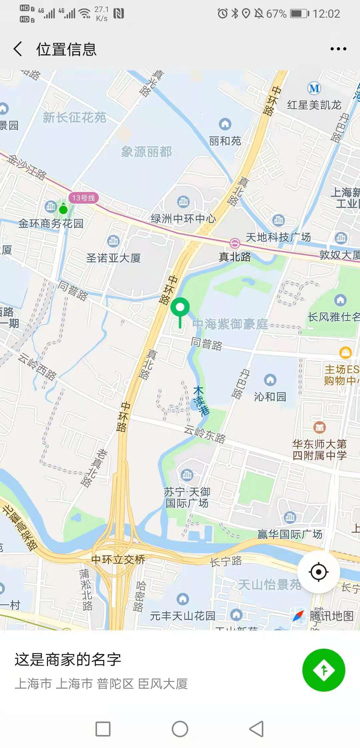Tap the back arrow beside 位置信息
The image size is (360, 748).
pyautogui.click(x=18, y=49)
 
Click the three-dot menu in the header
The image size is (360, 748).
pyautogui.click(x=338, y=49)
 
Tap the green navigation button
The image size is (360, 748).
pyautogui.click(x=323, y=670)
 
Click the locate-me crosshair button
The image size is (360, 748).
pyautogui.click(x=318, y=572)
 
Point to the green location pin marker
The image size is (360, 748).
pyautogui.click(x=180, y=308)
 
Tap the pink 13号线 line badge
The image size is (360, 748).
pyautogui.click(x=83, y=198)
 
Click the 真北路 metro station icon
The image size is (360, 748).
pyautogui.click(x=235, y=243)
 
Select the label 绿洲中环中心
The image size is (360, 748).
pyautogui.click(x=183, y=219)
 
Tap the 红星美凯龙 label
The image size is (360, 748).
pyautogui.click(x=314, y=105)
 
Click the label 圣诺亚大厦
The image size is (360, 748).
pyautogui.click(x=113, y=258)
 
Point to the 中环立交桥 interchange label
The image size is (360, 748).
pyautogui.click(x=118, y=559)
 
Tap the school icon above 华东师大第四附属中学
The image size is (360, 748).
pyautogui.click(x=319, y=427)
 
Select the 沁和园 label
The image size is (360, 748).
pyautogui.click(x=270, y=397)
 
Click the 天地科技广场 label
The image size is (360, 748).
pyautogui.click(x=278, y=237)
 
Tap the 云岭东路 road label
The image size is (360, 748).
pyautogui.click(x=205, y=434)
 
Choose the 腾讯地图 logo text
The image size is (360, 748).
pyautogui.click(x=331, y=616)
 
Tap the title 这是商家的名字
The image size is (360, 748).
pyautogui.click(x=68, y=659)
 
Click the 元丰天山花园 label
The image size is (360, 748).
pyautogui.click(x=183, y=616)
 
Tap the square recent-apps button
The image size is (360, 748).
pyautogui.click(x=103, y=729)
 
